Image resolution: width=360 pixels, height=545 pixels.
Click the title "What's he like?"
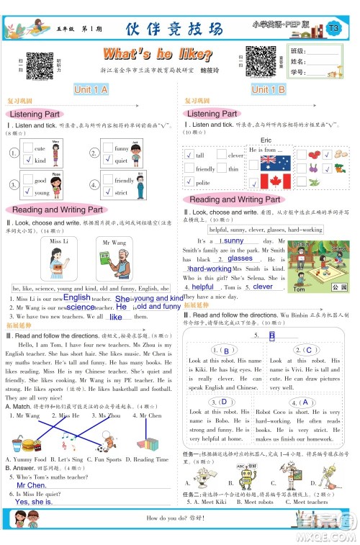coord(158,55)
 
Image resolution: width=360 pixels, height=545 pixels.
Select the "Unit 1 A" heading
coord(91,89)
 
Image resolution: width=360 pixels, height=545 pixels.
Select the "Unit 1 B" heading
coord(269,89)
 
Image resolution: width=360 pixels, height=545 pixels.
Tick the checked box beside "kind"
coord(28,160)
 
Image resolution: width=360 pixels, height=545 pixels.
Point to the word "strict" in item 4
coord(122,192)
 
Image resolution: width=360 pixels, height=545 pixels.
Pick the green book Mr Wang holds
coord(114,258)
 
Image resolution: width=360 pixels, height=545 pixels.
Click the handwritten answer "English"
coord(76,297)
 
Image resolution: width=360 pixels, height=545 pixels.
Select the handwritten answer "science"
coord(80,307)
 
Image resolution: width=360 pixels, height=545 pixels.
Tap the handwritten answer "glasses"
coord(220,258)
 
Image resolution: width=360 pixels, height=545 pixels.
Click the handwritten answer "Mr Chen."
coord(31,486)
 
